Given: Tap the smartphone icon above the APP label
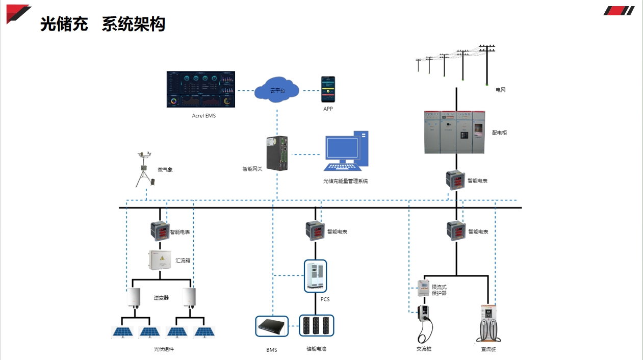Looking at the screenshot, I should pyautogui.click(x=328, y=90).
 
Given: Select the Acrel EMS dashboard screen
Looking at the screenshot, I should pyautogui.click(x=201, y=89).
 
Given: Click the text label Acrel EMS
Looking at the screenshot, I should pyautogui.click(x=203, y=116).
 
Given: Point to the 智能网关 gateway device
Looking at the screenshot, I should pyautogui.click(x=277, y=153).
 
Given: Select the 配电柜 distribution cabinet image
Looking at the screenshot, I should pyautogui.click(x=454, y=132).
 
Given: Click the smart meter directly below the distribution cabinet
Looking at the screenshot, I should pyautogui.click(x=455, y=180).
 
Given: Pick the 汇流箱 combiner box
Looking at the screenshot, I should pyautogui.click(x=161, y=260).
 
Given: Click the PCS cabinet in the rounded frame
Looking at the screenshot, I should pyautogui.click(x=315, y=276).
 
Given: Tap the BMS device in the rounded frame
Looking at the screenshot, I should pyautogui.click(x=271, y=326).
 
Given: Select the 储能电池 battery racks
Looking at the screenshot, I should pyautogui.click(x=316, y=326).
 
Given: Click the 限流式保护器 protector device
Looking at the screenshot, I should pyautogui.click(x=423, y=288).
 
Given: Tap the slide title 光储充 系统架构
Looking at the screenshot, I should pyautogui.click(x=102, y=24).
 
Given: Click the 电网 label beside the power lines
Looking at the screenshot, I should pyautogui.click(x=501, y=90).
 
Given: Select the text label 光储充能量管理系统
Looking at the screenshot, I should pyautogui.click(x=345, y=181).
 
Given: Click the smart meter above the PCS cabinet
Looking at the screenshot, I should pyautogui.click(x=315, y=230).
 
